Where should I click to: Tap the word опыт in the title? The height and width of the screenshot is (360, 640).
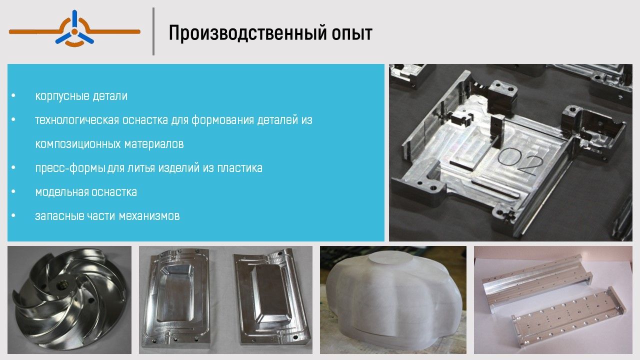[352, 33]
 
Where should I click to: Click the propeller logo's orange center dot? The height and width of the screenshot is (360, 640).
[74, 31]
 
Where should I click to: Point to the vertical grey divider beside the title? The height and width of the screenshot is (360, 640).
[153, 31]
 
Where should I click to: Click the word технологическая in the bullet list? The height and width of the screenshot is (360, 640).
[77, 120]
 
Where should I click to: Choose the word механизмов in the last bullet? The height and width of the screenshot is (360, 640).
[149, 216]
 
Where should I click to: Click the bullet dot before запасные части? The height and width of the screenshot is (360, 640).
[13, 215]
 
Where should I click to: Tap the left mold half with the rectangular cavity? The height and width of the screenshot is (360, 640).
[177, 297]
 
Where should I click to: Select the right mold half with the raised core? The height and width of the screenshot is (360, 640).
[271, 297]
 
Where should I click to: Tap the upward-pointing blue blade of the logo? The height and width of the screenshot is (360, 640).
[74, 18]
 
